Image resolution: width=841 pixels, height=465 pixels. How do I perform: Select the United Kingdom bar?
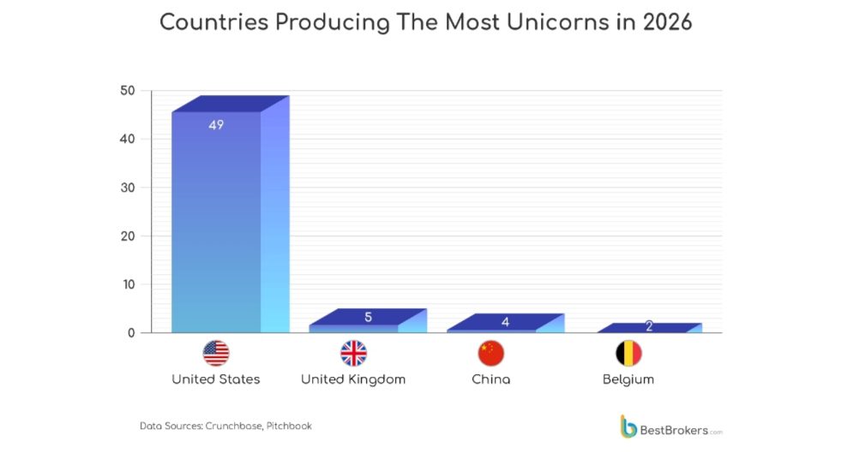[x=354, y=327]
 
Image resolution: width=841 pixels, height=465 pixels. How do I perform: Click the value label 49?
[x=216, y=125]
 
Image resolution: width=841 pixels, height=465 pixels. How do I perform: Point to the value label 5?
[x=368, y=317]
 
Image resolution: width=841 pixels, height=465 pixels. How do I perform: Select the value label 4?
[x=505, y=322]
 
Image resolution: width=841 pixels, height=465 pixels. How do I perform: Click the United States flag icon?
[x=216, y=353]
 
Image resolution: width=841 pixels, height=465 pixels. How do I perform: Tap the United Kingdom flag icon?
[x=353, y=353]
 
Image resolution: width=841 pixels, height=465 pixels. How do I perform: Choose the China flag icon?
[x=490, y=353]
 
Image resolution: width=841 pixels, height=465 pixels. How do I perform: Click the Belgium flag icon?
[x=628, y=353]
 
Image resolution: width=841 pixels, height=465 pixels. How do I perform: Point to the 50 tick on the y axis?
[x=127, y=91]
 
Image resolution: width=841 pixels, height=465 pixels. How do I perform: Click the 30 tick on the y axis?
[x=127, y=188]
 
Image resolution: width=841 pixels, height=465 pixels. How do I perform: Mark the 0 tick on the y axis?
[x=131, y=332]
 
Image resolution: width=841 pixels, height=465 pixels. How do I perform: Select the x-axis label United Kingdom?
[x=353, y=379]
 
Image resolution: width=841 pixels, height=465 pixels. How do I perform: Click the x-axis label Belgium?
[x=628, y=379]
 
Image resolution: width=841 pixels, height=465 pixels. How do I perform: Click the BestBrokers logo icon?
[x=628, y=426]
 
